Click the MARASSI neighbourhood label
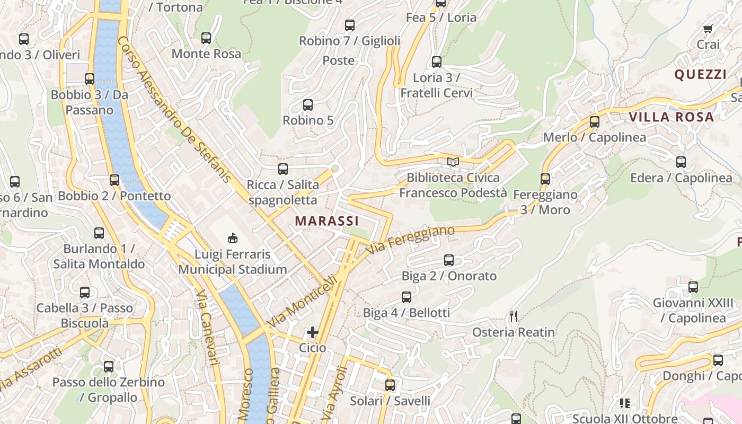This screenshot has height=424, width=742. point(326,221)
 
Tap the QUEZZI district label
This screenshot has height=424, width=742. point(700,75)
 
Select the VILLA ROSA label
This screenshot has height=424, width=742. point(671,117)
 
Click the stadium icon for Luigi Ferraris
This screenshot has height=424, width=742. point(233,238)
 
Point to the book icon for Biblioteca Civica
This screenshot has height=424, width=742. point(452,162)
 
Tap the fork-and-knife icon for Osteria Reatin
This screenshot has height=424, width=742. point(513,316)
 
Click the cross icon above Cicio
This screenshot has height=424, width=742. point(313,332)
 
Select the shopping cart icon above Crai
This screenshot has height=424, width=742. point(708,29)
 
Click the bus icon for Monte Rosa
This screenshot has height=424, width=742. point(206,38)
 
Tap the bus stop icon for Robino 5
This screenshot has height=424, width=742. point(308,105)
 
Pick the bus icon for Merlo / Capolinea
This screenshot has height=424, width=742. point(595,122)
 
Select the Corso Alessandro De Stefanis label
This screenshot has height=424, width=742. point(175,109)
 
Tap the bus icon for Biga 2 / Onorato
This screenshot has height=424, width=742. point(449,260)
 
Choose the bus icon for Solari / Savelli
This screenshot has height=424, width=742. point(390,385)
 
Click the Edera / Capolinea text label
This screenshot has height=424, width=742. point(681,178)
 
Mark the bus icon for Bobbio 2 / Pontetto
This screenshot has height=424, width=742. point(114,180)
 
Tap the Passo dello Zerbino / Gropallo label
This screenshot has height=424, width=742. point(109,390)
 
